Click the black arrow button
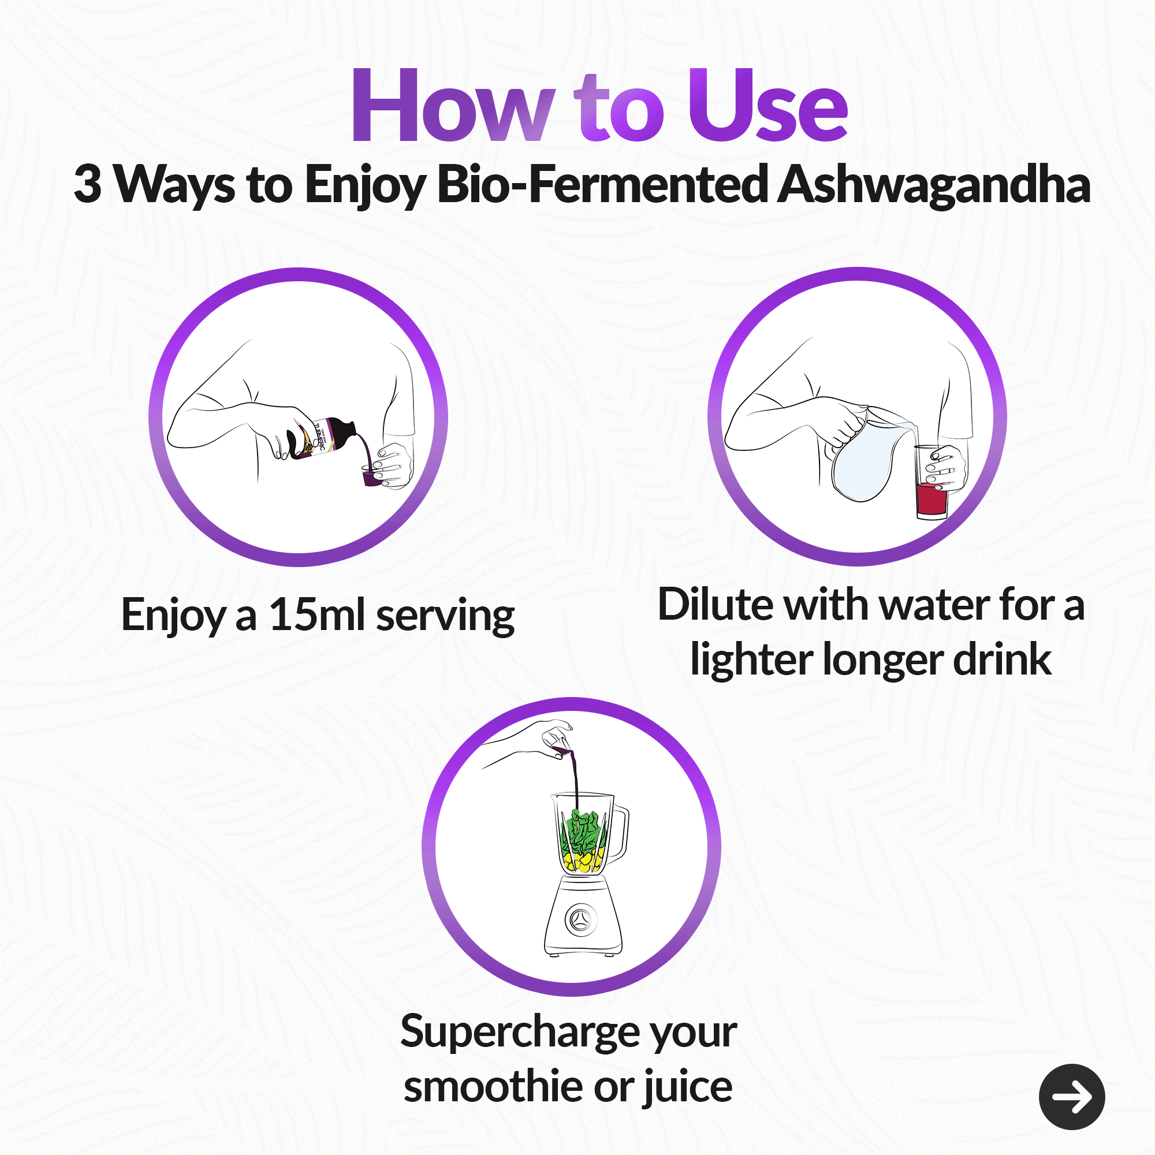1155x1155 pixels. pos(1071,1097)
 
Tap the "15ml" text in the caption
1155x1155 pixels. pos(317,614)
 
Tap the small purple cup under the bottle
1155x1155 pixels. pos(372,477)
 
